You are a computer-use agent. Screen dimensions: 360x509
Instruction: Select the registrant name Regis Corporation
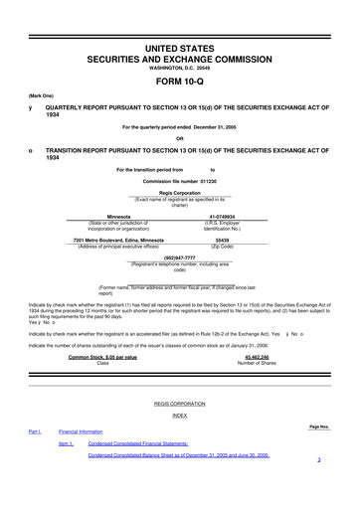pos(179,195)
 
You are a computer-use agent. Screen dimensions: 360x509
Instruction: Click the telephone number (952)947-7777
pos(179,254)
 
